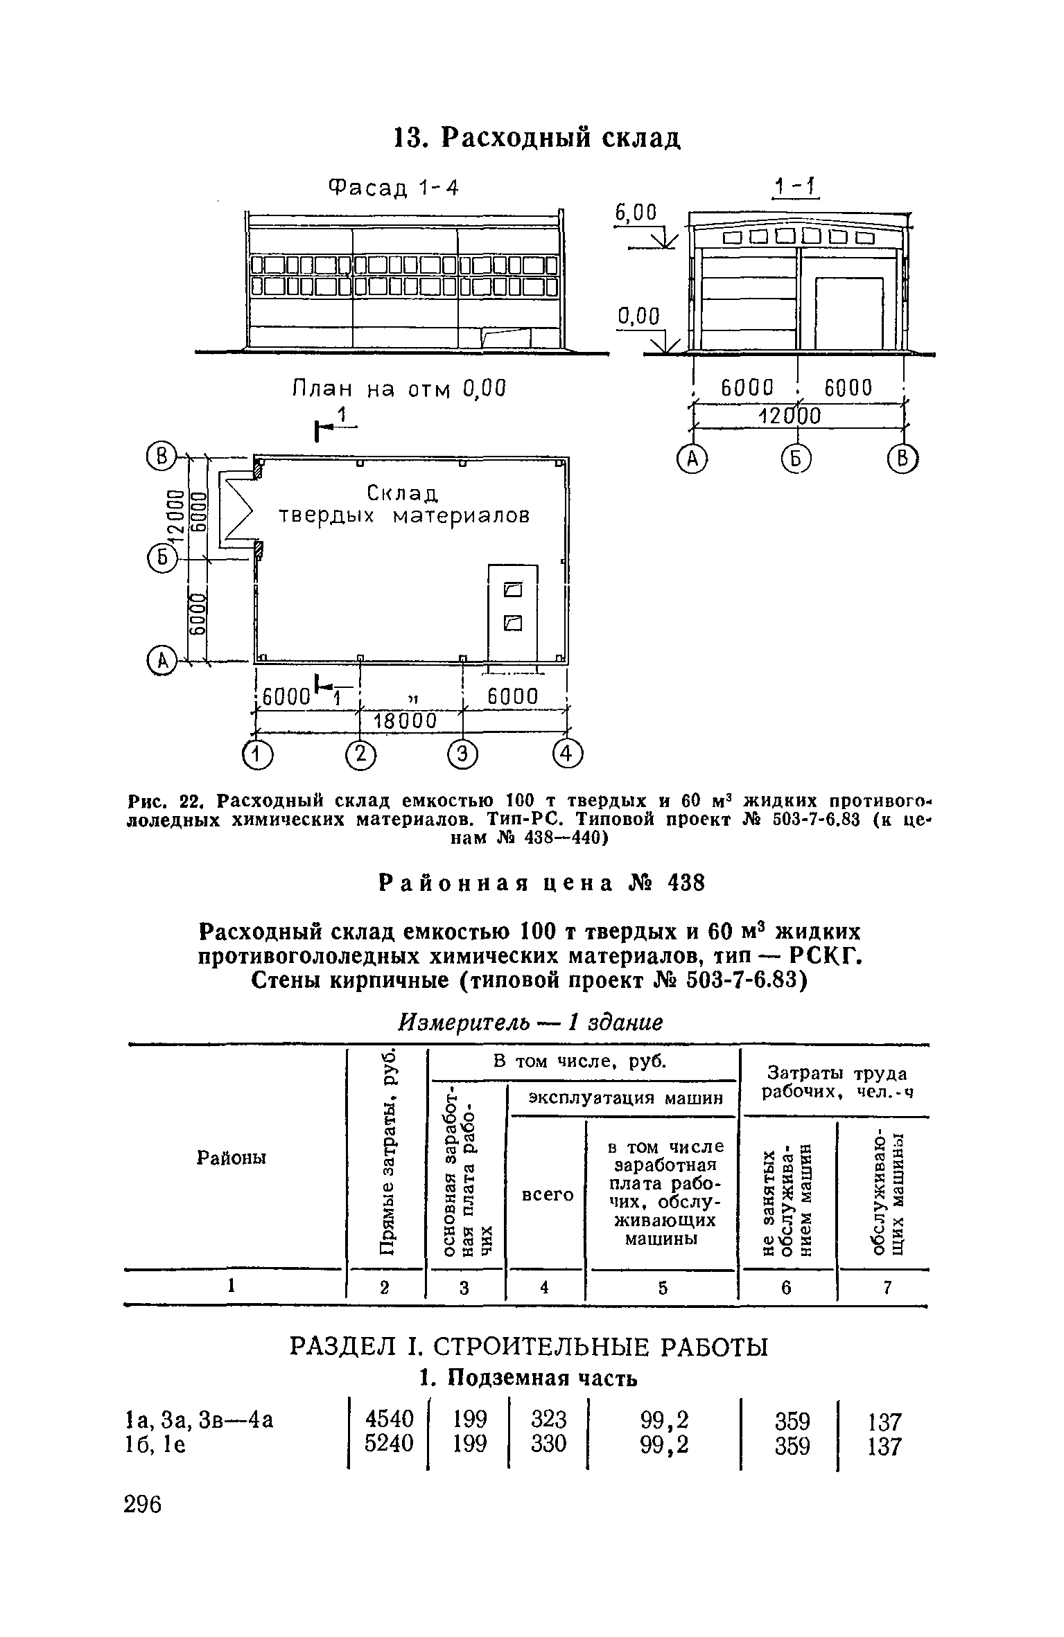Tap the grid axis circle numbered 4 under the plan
point(568,754)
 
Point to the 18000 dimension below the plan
point(405,721)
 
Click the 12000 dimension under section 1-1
point(790,416)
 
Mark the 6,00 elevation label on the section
point(636,213)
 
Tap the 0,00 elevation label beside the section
point(638,317)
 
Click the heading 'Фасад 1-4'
point(394,187)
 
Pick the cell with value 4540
point(389,1419)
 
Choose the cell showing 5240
point(389,1443)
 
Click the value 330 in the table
point(549,1443)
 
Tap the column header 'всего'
point(548,1194)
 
